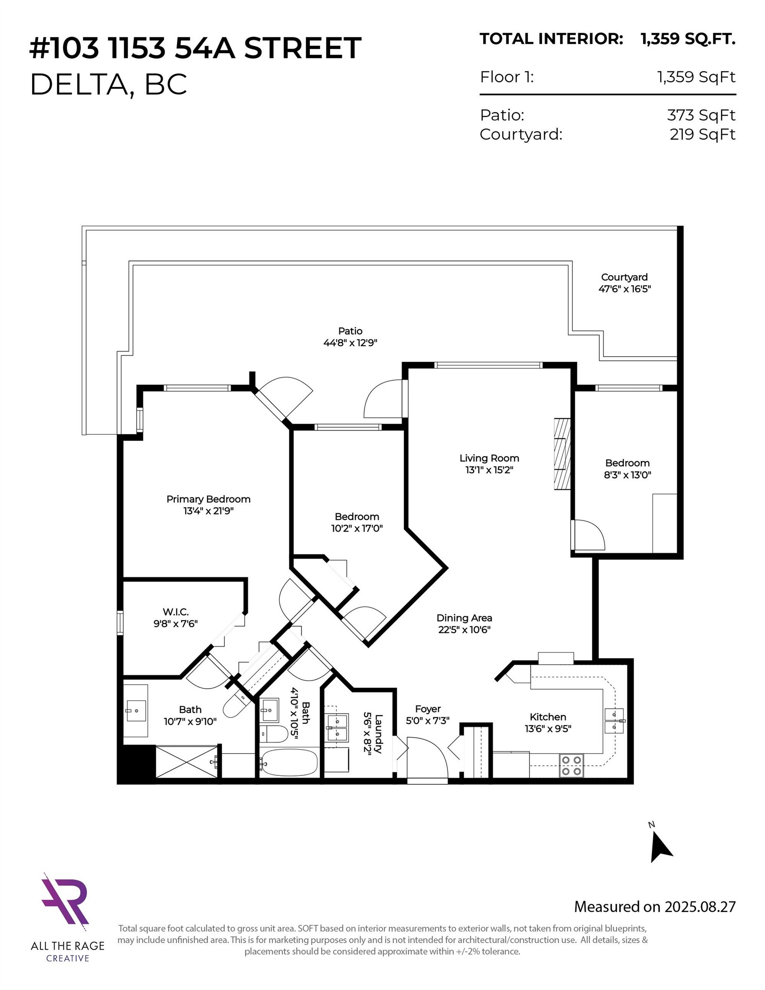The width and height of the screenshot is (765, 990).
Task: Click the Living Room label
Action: [489, 458]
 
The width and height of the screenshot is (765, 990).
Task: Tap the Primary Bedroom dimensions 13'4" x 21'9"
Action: [208, 511]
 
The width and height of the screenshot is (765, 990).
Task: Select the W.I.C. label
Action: [175, 612]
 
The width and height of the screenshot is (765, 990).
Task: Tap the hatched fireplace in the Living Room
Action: [562, 454]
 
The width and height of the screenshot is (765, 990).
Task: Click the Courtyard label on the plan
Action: [624, 277]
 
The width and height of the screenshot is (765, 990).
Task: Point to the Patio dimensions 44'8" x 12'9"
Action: [350, 343]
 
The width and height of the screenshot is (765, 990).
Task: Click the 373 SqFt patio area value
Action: [701, 115]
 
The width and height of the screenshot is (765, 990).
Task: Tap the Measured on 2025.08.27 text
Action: [655, 907]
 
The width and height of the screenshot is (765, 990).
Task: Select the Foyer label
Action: [428, 709]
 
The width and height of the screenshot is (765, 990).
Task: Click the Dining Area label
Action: [464, 618]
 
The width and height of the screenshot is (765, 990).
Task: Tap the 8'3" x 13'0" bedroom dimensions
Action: [627, 475]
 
